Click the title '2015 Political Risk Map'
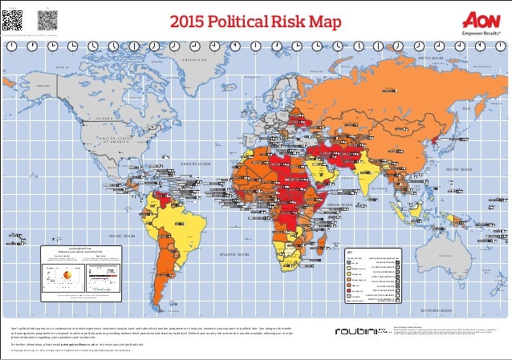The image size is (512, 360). click(255, 18)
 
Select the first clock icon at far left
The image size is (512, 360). click(10, 47)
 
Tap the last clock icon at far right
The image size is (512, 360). click(501, 47)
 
